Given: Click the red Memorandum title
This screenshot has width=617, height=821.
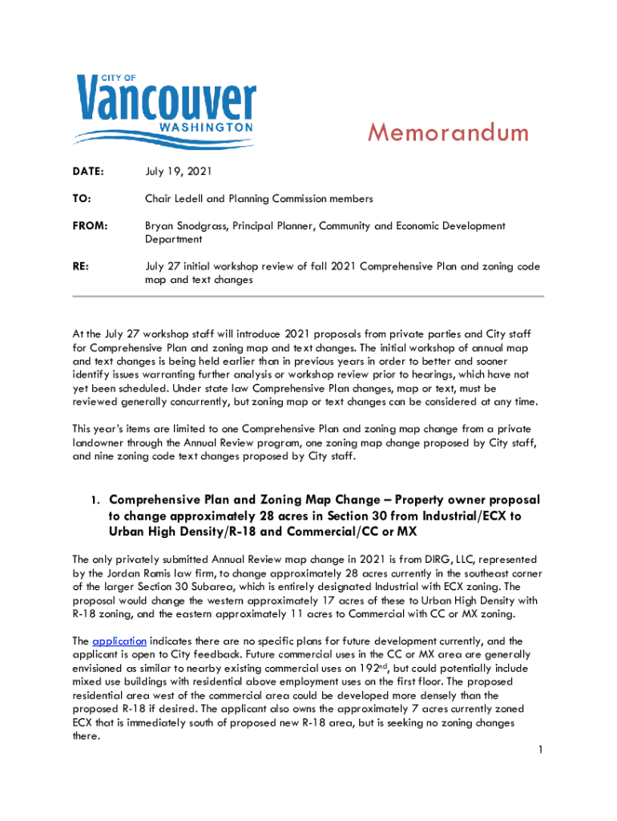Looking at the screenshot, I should [448, 132].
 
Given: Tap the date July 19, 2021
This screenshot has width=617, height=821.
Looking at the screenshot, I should [179, 172].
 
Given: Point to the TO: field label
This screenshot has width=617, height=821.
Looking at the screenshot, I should [82, 198].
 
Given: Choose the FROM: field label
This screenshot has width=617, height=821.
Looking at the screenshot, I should [91, 226].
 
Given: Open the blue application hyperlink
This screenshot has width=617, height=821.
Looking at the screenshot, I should [119, 641].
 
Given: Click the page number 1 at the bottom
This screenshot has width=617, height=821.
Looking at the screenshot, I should [542, 750].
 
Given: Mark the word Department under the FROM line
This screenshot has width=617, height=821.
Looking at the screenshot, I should [174, 239].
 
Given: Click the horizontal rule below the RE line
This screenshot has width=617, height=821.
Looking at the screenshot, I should [308, 295].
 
